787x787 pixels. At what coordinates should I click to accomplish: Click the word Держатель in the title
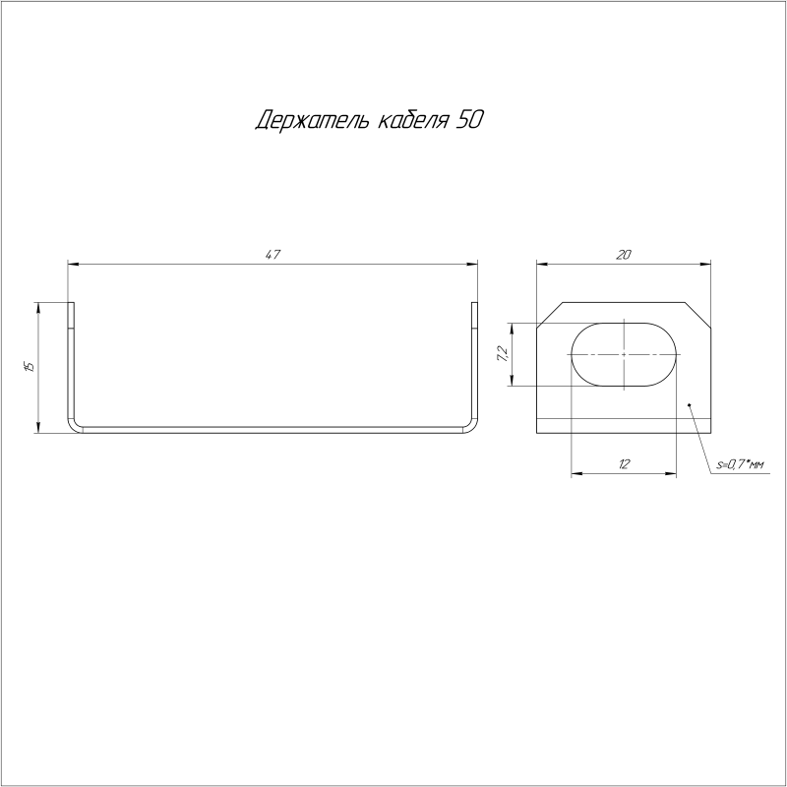pyautogui.click(x=313, y=120)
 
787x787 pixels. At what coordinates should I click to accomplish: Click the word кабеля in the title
pyautogui.click(x=412, y=120)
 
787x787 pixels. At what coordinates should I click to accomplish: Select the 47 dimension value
pyautogui.click(x=272, y=255)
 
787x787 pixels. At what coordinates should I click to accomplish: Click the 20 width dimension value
pyautogui.click(x=624, y=255)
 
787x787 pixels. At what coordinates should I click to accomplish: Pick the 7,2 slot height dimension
pyautogui.click(x=503, y=354)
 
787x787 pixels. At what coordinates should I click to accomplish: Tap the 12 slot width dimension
pyautogui.click(x=624, y=464)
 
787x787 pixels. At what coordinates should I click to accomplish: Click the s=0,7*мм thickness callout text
pyautogui.click(x=740, y=465)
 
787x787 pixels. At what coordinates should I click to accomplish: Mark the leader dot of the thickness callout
pyautogui.click(x=690, y=404)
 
